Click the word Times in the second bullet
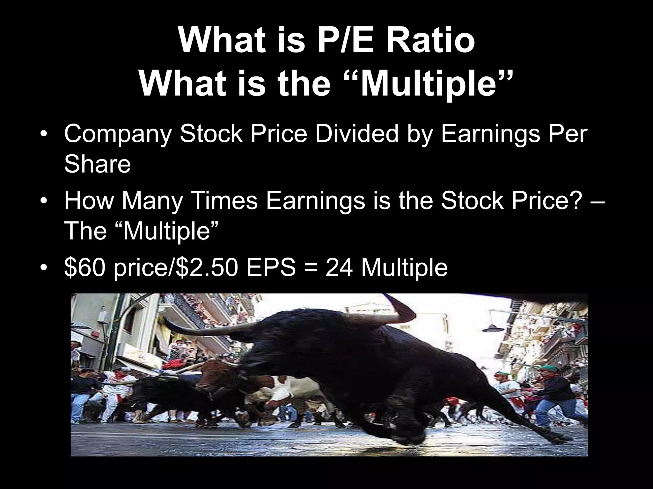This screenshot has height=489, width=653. tap(223, 201)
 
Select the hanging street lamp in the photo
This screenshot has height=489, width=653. tap(491, 328)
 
